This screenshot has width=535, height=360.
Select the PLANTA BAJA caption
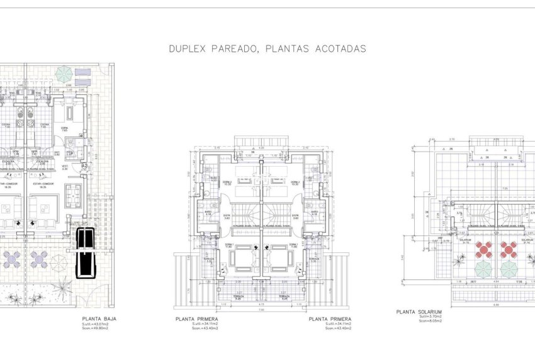tap(99, 318)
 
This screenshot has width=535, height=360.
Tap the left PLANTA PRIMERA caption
tap(197, 319)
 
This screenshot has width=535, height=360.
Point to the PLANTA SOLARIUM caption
tap(419, 311)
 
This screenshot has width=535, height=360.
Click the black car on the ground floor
tap(84, 252)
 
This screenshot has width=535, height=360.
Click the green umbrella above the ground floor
tap(64, 74)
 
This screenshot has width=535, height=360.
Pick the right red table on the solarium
tap(508, 249)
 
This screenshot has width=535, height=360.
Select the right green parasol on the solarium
tap(508, 269)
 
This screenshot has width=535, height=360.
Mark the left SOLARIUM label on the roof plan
tap(465, 240)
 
